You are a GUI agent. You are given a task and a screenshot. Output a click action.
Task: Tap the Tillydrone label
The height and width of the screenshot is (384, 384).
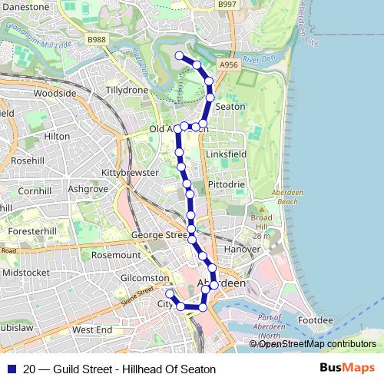127,90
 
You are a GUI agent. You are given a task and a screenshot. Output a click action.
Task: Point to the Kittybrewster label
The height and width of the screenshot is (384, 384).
134,173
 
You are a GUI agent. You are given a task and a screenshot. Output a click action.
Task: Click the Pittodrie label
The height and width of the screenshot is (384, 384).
226,185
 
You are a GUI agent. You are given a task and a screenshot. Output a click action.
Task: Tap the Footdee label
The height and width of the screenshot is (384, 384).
316,319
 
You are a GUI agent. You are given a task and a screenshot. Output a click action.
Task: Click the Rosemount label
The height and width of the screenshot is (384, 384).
116,254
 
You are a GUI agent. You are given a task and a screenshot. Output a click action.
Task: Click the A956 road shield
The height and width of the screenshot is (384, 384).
228,66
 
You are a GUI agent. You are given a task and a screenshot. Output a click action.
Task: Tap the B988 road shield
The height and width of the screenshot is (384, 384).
96,39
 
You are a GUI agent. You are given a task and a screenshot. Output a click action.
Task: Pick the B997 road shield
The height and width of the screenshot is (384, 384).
227,5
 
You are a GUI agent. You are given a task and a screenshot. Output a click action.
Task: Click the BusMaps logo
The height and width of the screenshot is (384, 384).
353,369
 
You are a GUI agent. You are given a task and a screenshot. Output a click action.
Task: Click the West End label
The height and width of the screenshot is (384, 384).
92,329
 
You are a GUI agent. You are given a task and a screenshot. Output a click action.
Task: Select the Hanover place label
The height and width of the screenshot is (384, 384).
242,250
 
